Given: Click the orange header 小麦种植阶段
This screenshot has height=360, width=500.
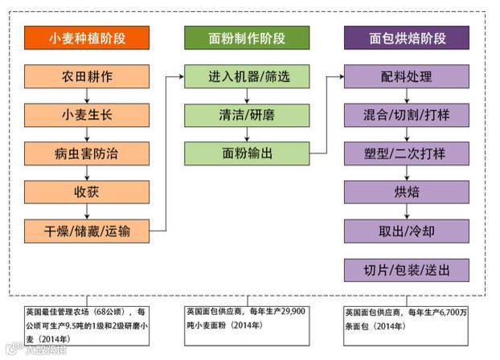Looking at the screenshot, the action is [x=87, y=38].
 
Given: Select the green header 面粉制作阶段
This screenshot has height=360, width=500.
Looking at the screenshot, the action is [x=247, y=38].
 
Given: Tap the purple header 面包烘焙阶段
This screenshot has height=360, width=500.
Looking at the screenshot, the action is [x=407, y=38].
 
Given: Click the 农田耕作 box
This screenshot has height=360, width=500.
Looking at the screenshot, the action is [x=87, y=77].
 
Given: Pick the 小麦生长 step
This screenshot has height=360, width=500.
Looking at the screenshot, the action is [x=87, y=115].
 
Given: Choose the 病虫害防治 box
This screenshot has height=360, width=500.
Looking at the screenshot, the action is [x=87, y=153].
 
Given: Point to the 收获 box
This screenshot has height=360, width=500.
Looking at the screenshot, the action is [x=87, y=192].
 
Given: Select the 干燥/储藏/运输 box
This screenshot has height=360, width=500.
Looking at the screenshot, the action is [x=87, y=231].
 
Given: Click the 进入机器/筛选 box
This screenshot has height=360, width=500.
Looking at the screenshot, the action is [x=247, y=77].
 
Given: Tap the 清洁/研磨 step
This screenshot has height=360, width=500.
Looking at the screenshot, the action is [x=247, y=115].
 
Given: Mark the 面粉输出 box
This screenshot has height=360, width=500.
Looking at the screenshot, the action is [x=247, y=153].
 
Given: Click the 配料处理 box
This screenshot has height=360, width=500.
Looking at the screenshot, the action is [x=407, y=77].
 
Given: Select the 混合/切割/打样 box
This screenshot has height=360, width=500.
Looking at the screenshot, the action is [x=407, y=115].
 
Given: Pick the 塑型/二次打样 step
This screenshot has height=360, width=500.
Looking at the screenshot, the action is [x=407, y=153].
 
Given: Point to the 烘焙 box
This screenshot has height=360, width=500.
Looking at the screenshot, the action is [x=407, y=192].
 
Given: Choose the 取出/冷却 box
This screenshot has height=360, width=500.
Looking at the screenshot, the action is [x=407, y=231].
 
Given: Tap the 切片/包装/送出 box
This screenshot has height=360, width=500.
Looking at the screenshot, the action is [x=407, y=269].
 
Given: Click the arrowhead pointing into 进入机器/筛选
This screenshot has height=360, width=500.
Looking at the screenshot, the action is [x=179, y=77].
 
